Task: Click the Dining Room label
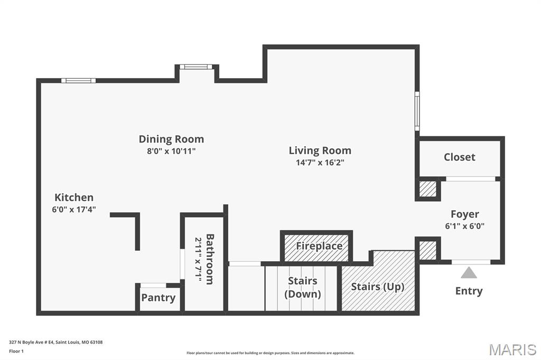click(171, 139)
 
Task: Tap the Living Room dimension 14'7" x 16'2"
click(320, 163)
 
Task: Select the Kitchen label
click(74, 197)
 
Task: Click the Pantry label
click(158, 298)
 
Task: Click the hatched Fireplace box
click(317, 247)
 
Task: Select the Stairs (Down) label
click(303, 288)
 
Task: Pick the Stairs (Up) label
click(377, 287)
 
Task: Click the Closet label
click(459, 157)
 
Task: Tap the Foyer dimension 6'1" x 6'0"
click(464, 226)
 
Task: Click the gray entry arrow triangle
click(469, 273)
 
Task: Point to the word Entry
click(469, 291)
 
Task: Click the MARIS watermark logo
click(512, 349)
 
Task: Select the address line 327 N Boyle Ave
click(55, 342)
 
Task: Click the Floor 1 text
click(16, 350)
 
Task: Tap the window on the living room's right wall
click(417, 111)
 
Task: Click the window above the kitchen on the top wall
click(78, 81)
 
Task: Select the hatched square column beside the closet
click(428, 189)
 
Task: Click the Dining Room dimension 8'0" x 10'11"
click(171, 151)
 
